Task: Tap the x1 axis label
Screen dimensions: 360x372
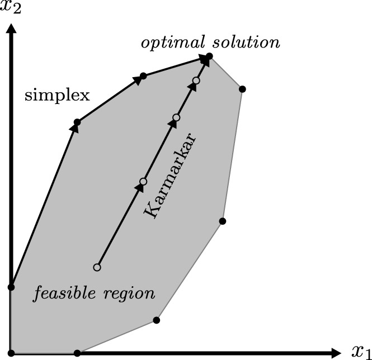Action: point(360,352)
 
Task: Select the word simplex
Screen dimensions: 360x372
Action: point(56,96)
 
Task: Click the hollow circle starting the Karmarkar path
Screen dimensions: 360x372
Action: point(97,267)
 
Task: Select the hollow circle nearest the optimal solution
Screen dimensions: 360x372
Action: point(196,81)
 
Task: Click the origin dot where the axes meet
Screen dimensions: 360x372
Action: point(11,353)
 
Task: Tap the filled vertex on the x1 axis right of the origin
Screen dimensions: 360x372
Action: point(77,353)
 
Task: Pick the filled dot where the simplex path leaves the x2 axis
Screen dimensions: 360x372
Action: point(11,287)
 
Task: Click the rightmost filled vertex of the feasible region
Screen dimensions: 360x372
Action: point(242,89)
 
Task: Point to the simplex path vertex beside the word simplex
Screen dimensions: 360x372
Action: point(77,122)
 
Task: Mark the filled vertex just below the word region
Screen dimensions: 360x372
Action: point(156,320)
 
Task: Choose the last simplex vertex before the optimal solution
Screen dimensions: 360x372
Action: point(143,75)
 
